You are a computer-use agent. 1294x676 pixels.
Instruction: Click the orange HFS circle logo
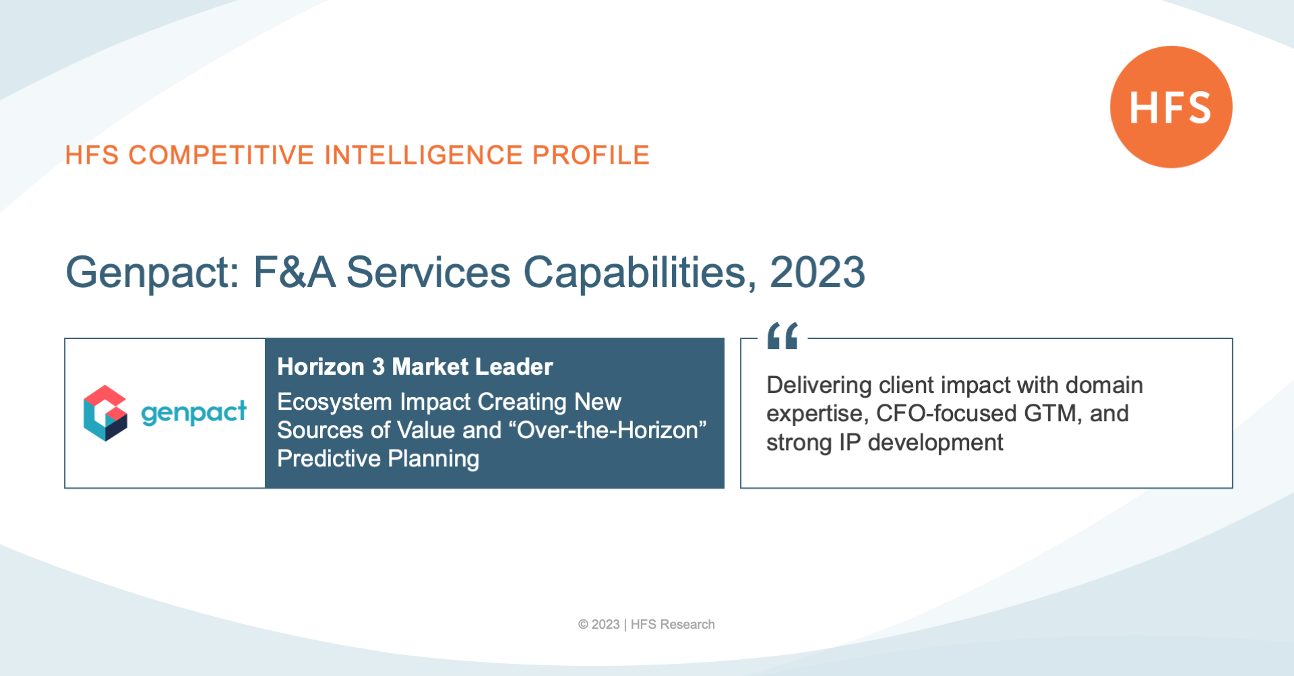pos(1171,106)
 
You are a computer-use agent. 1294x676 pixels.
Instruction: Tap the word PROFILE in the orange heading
pos(591,155)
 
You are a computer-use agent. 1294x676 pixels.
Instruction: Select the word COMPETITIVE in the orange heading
pos(222,155)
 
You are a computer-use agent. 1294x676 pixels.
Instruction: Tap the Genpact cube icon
pos(105,413)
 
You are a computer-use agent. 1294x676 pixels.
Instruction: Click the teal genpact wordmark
pos(193,412)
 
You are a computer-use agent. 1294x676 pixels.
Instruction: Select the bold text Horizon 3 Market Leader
pos(415,367)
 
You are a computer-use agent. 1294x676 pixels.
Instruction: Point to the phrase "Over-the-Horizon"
pos(611,430)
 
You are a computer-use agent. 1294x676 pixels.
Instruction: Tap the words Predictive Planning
pos(378,459)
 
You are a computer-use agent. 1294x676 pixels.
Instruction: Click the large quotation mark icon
pos(782,336)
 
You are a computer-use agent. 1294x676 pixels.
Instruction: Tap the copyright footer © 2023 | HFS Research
pos(646,625)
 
